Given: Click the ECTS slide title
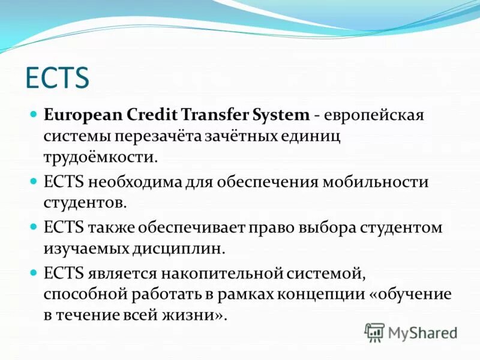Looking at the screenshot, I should pos(57,77).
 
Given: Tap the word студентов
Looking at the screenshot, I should pos(85,203).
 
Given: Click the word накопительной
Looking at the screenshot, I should pos(229,274).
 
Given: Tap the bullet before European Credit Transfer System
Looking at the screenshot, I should pos(34,113).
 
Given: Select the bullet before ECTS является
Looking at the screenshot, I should pos(34,272).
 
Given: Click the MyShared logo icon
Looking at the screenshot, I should pos(374,332).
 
